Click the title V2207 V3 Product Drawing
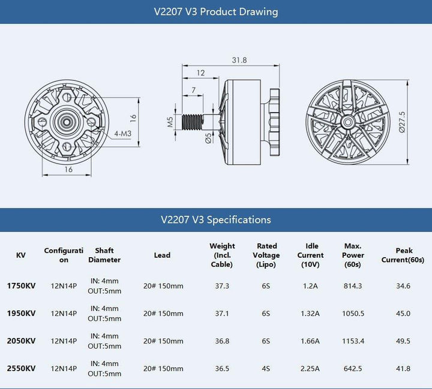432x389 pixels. (216, 12)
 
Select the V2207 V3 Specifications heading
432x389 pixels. (216, 219)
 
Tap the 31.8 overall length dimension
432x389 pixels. (239, 60)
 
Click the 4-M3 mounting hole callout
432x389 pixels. (124, 134)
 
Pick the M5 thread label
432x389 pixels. (170, 123)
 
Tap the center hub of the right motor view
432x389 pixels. (347, 122)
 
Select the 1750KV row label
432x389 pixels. (21, 286)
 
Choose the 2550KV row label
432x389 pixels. (21, 369)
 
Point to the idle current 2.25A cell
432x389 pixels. (310, 369)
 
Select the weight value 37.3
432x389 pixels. (222, 286)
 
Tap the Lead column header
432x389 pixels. (162, 255)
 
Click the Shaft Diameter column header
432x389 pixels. (104, 255)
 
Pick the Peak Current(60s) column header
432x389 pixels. (403, 255)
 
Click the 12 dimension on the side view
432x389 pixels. (200, 73)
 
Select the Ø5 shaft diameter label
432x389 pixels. (208, 139)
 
